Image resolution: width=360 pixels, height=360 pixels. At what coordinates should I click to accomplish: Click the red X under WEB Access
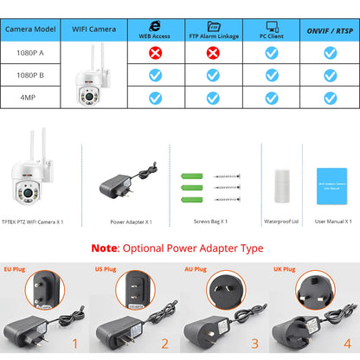[155, 53]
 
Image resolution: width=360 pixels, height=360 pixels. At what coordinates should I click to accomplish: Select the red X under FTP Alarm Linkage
[214, 53]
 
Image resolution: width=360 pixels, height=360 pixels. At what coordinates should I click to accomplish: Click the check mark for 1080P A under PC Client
[272, 53]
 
